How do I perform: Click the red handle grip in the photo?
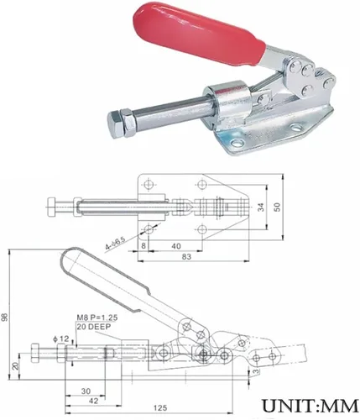click(x=198, y=36)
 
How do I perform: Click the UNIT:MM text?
click(x=310, y=406)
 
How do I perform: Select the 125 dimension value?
click(x=160, y=408)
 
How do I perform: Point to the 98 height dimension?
click(x=5, y=317)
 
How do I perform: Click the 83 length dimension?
click(x=186, y=257)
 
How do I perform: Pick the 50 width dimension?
click(x=277, y=207)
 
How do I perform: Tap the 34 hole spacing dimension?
click(x=261, y=207)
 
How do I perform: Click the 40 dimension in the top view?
click(x=176, y=246)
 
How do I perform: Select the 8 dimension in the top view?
click(x=143, y=246)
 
